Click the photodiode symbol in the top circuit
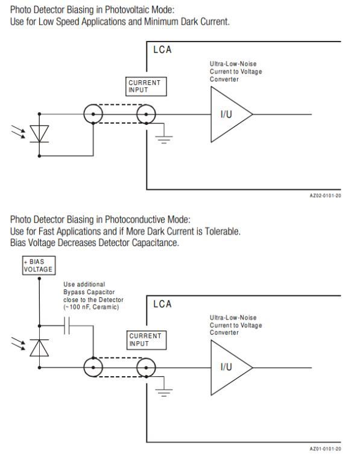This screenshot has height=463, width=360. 39,134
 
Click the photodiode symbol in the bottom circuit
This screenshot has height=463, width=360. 39,348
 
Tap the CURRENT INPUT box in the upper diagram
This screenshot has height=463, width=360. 146,87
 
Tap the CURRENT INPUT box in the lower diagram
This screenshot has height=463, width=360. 147,340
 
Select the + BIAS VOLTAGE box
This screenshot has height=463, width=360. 39,265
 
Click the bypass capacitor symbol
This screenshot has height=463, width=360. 67,326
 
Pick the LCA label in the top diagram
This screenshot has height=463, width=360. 162,49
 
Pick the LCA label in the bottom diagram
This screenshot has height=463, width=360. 162,304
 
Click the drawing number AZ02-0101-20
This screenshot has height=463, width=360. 326,195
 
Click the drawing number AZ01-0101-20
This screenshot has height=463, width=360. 326,449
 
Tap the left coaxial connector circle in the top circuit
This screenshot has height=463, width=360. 93,114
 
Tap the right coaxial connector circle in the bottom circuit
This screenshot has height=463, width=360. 146,368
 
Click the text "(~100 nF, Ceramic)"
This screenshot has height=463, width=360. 91,307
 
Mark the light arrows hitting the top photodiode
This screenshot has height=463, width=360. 18,131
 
